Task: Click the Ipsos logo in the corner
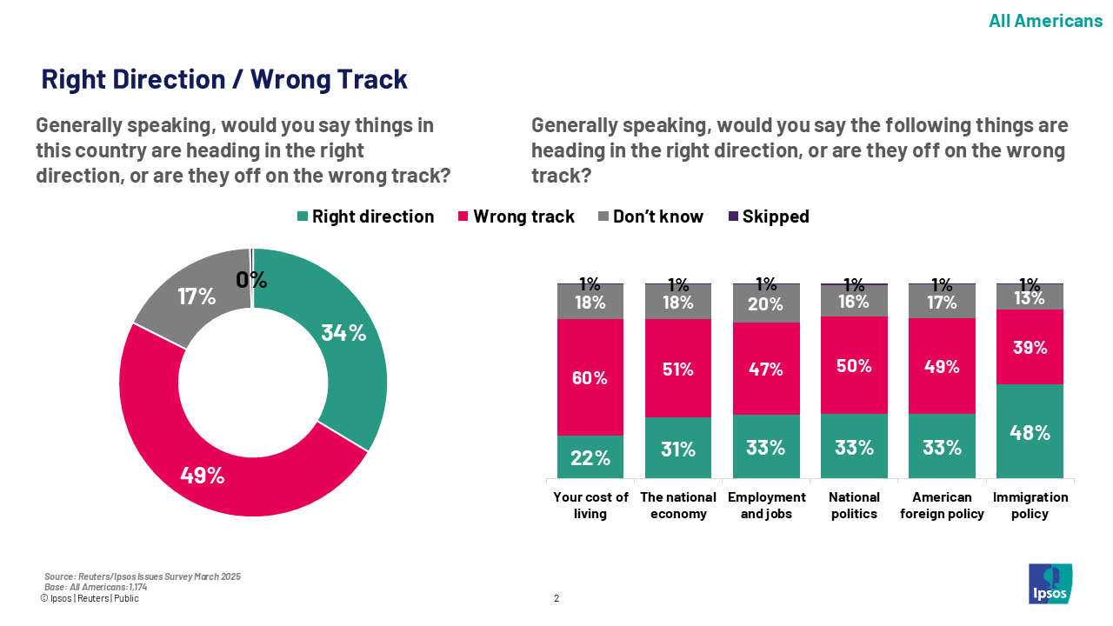tap(1050, 583)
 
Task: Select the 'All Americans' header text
tap(1045, 21)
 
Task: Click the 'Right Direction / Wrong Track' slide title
tap(224, 79)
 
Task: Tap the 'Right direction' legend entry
tap(364, 216)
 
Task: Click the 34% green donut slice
tap(343, 332)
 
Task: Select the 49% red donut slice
tap(203, 475)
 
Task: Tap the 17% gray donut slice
tap(197, 296)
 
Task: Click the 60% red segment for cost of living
tap(590, 377)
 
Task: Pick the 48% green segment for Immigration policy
tap(1030, 431)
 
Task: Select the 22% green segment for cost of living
tap(590, 457)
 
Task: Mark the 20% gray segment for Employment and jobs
tap(766, 304)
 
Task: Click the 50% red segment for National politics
tap(854, 365)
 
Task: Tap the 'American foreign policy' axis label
tap(942, 505)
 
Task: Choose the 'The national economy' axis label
tap(678, 505)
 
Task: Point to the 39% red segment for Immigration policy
tap(1030, 347)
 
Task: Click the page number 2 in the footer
tap(556, 598)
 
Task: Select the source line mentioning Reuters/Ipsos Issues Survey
tap(143, 576)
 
